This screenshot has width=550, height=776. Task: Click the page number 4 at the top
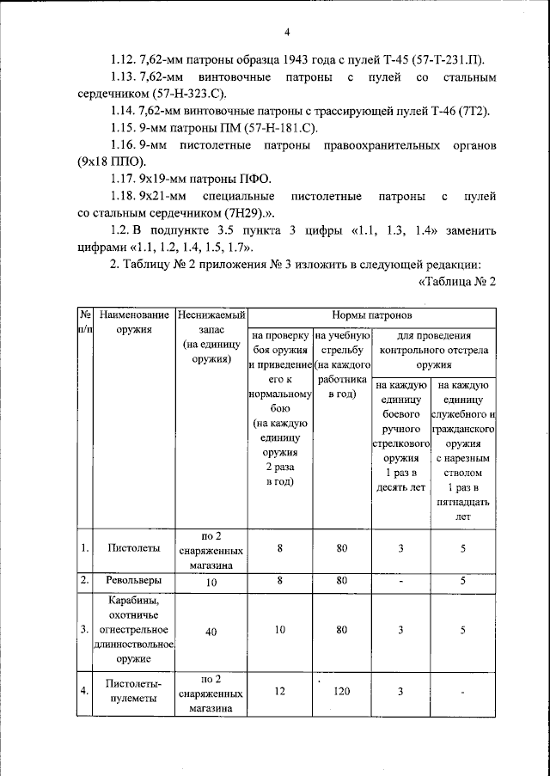tap(289, 33)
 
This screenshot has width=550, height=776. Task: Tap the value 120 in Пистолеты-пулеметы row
tap(343, 692)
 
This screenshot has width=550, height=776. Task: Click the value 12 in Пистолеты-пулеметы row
tap(279, 692)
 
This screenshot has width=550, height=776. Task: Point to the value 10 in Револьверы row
tap(211, 582)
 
